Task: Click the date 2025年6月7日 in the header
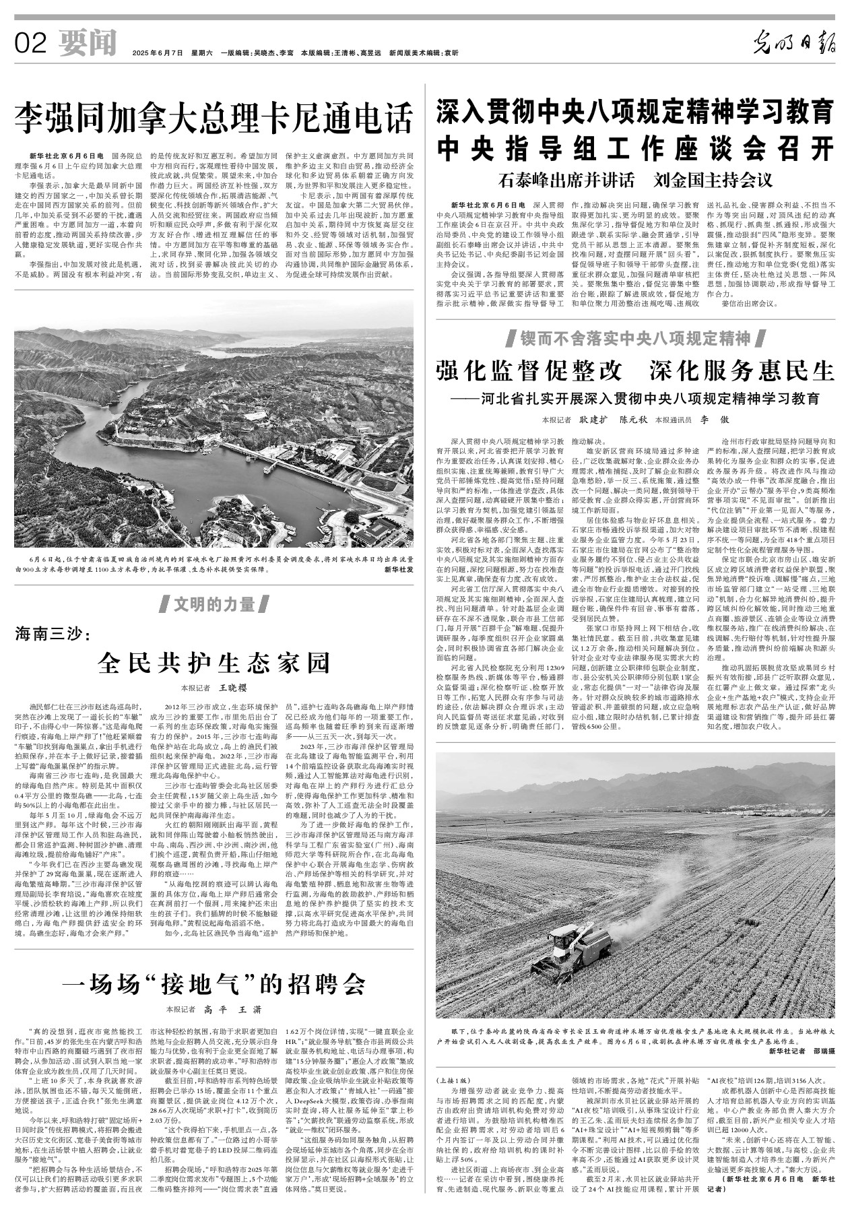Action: click(158, 53)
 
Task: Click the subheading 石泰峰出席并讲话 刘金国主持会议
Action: click(636, 181)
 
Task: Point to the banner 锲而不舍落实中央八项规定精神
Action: click(635, 337)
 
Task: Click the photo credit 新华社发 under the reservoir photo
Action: click(398, 569)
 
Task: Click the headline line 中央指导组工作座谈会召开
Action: click(635, 148)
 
